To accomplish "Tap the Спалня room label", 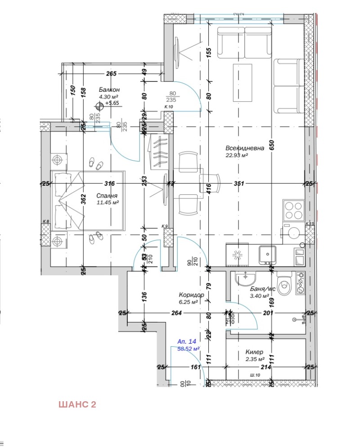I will click(x=107, y=196).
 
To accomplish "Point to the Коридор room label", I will click(x=191, y=295).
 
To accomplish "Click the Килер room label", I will click(x=254, y=352).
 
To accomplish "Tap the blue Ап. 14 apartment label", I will click(x=187, y=341).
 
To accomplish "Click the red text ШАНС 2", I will click(x=77, y=404).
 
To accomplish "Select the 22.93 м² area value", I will click(x=237, y=156).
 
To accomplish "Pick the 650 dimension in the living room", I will click(x=272, y=144).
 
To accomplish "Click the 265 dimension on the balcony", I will click(x=111, y=74).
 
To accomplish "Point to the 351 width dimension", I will click(x=239, y=184).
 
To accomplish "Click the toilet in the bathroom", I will click(x=284, y=283).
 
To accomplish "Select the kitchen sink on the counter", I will click(x=266, y=255).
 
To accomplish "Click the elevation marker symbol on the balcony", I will click(x=99, y=106).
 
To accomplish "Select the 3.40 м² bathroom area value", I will click(x=259, y=296).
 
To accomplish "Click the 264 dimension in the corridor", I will click(x=176, y=313).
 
